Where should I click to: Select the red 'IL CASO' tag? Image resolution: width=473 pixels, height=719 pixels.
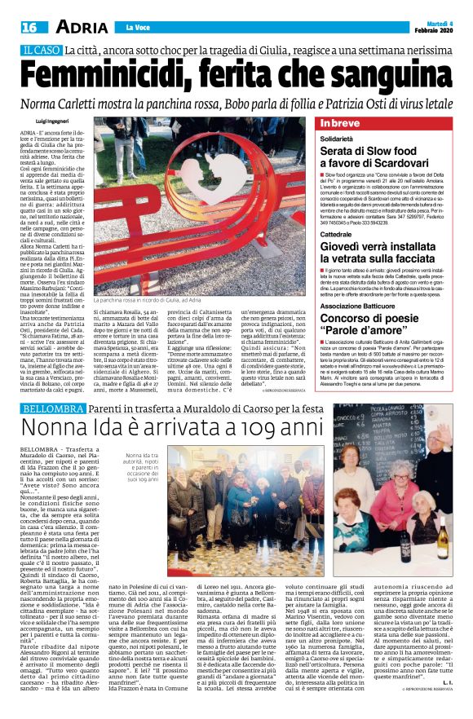pyautogui.click(x=42, y=51)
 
